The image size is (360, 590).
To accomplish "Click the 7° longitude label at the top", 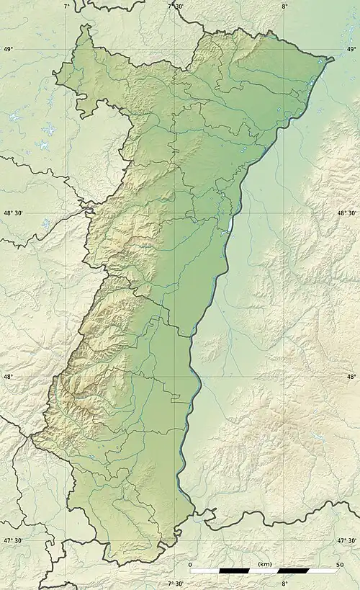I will pyautogui.click(x=67, y=6).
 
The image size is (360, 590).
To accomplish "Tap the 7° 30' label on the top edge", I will pyautogui.click(x=175, y=6).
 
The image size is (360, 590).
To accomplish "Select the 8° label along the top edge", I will pyautogui.click(x=284, y=6).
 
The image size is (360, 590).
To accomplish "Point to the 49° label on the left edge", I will pyautogui.click(x=8, y=49).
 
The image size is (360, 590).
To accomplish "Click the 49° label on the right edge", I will pyautogui.click(x=351, y=49).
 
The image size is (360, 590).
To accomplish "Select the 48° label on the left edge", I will pyautogui.click(x=8, y=377).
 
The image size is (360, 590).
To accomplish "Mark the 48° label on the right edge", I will pyautogui.click(x=351, y=377).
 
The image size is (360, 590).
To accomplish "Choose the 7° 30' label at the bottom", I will pyautogui.click(x=175, y=584).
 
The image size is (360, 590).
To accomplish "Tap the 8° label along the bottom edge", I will pyautogui.click(x=284, y=584).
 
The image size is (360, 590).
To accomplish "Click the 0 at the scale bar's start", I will pyautogui.click(x=190, y=564).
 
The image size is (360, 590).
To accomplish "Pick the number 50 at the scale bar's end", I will pyautogui.click(x=338, y=564).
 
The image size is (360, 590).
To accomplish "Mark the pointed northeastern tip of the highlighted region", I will pyautogui.click(x=334, y=58).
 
